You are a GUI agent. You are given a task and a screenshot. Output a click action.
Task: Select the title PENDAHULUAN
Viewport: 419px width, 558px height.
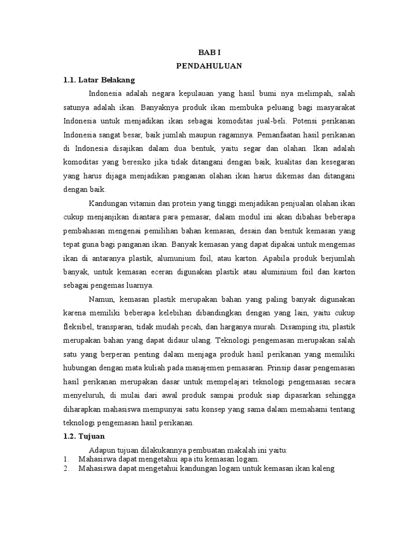tap(209, 66)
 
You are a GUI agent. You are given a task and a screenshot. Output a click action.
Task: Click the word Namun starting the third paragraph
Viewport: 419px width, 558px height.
tap(99, 300)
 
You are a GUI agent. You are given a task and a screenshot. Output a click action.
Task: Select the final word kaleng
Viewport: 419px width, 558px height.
tap(322, 468)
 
